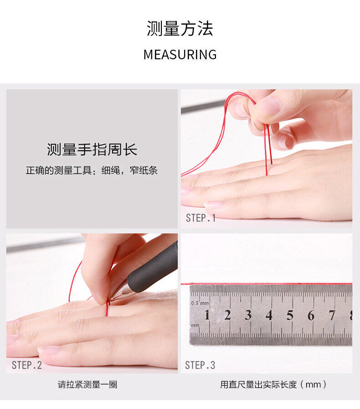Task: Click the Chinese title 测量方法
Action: (x=180, y=28)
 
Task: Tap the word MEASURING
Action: (x=180, y=55)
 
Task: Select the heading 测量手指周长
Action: (x=92, y=150)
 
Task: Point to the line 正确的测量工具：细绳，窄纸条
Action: (x=92, y=171)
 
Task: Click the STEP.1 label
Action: (x=201, y=218)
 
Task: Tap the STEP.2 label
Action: (x=27, y=365)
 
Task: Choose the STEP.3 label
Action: (x=200, y=365)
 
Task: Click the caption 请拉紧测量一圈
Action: (x=87, y=384)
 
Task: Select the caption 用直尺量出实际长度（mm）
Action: (x=273, y=384)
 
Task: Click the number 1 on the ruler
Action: (x=207, y=315)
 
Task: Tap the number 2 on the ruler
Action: (x=227, y=315)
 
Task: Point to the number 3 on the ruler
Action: (x=248, y=315)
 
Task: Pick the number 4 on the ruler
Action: (x=269, y=315)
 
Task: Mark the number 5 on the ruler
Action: (x=290, y=316)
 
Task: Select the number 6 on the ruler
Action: (x=311, y=316)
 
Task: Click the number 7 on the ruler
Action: (x=332, y=316)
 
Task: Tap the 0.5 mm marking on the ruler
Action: (x=200, y=303)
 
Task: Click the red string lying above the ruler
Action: (x=267, y=284)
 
